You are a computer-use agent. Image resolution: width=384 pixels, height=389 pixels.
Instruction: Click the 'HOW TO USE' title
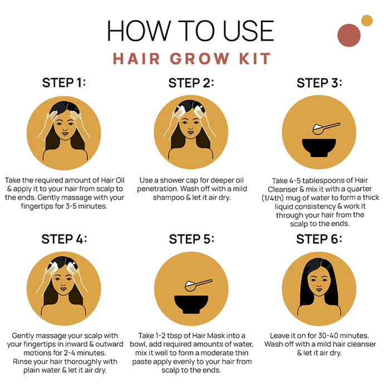[x=190, y=31]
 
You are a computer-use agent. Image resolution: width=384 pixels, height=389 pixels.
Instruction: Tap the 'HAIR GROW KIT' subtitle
[x=191, y=59]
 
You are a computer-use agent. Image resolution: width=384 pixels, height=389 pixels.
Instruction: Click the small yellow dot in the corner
[x=367, y=21]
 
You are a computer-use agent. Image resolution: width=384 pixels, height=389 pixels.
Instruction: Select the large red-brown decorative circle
[x=349, y=35]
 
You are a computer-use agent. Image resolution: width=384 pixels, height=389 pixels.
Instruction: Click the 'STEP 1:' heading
[x=64, y=83]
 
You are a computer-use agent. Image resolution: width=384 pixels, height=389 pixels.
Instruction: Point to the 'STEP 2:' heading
[x=191, y=83]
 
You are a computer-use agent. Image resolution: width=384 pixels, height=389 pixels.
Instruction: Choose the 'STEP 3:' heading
[x=319, y=83]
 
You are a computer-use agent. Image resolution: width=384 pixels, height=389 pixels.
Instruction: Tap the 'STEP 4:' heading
[x=64, y=239]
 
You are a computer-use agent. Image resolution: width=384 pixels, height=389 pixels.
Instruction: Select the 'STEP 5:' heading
[x=191, y=239]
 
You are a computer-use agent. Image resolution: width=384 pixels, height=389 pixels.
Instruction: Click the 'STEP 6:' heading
[x=319, y=239]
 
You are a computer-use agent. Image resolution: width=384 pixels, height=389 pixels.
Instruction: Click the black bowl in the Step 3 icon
[x=319, y=148]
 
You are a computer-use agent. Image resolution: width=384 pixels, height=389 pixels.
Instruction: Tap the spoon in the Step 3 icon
[x=326, y=128]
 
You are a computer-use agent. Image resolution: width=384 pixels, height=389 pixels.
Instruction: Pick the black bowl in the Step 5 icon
[x=191, y=304]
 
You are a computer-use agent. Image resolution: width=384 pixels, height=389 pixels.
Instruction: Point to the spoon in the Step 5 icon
[x=198, y=285]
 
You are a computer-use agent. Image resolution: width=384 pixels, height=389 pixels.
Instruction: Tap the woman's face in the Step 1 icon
[x=65, y=125]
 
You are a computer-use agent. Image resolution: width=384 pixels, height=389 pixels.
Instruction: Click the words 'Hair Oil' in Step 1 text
[x=112, y=180]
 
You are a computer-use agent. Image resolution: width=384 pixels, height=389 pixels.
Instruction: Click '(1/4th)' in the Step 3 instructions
[x=273, y=198]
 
